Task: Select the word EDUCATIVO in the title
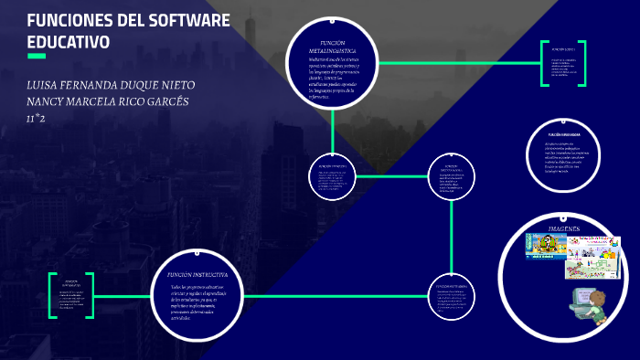(69, 42)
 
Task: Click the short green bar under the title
(37, 57)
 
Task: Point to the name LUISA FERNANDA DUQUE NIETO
(111, 84)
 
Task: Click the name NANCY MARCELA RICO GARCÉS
(108, 101)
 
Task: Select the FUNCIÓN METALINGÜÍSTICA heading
(332, 47)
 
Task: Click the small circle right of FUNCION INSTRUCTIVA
(453, 295)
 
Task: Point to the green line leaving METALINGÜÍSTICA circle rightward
(457, 63)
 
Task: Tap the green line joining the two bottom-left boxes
(123, 295)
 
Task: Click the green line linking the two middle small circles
(393, 175)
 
